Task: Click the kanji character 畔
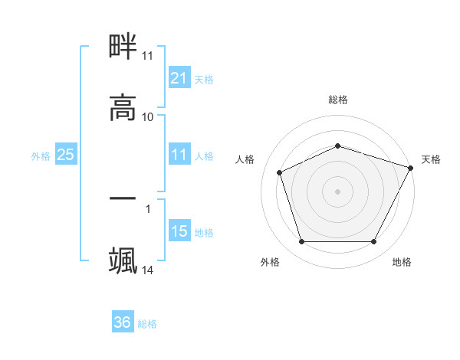tap(123, 49)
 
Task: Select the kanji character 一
tap(123, 200)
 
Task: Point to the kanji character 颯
tap(123, 261)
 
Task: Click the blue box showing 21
tap(179, 77)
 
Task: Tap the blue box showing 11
tap(179, 155)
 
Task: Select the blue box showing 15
tap(179, 231)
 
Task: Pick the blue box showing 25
tap(65, 155)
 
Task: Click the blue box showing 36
tap(122, 322)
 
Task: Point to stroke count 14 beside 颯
tap(148, 270)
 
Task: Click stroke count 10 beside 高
tap(148, 117)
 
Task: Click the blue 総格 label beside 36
tap(147, 324)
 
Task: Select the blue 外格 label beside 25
tap(41, 156)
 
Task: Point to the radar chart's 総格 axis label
tap(338, 100)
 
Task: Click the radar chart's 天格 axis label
tap(431, 159)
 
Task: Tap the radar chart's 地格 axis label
tap(402, 262)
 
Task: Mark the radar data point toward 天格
tap(411, 167)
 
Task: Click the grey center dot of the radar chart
tap(338, 191)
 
